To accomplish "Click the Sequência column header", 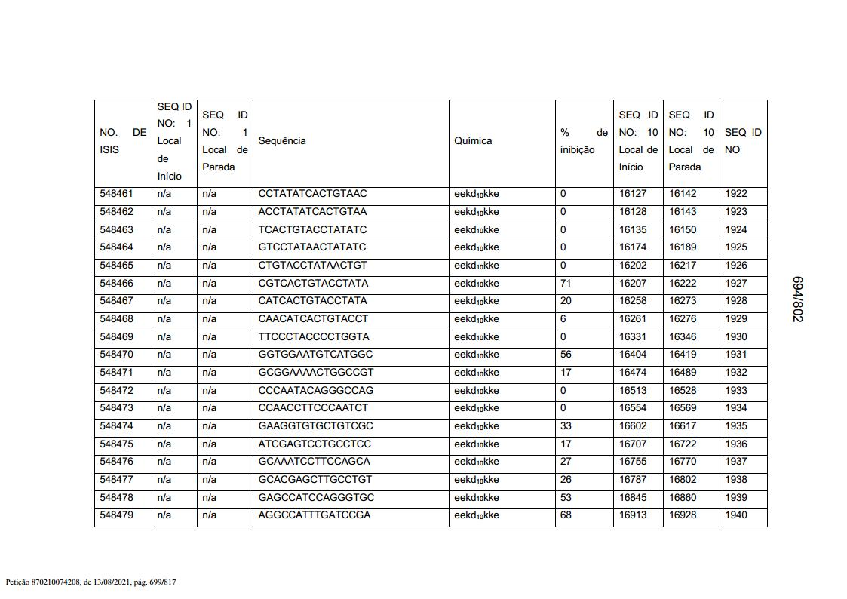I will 282,141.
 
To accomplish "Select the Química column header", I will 473,141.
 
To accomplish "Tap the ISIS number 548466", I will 116,284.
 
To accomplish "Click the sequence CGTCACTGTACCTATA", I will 313,284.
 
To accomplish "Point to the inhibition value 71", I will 566,284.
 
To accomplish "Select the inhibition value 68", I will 566,515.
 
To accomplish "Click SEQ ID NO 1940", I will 735,515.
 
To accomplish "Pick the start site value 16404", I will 633,355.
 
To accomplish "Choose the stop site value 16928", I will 683,515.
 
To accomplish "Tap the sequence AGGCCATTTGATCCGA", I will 314,515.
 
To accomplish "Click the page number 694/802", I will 797,299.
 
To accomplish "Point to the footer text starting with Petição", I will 91,582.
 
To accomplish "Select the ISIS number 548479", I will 116,515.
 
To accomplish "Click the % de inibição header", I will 584,141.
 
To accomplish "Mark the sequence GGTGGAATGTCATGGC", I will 315,355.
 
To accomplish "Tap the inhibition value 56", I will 566,355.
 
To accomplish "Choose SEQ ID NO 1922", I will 735,194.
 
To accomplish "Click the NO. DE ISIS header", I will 123,141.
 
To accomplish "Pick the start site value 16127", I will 633,194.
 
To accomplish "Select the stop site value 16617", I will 683,426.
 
